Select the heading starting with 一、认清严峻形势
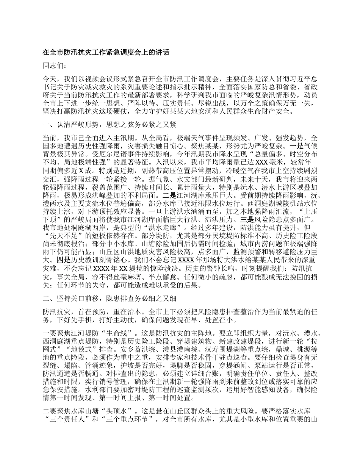pos(109,124)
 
